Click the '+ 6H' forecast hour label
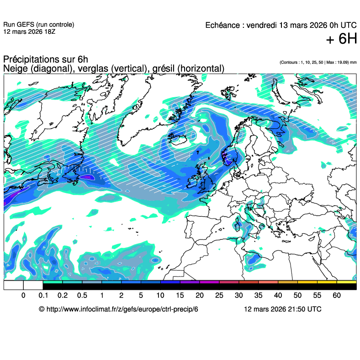pos(341,39)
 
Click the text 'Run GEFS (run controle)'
pos(38,25)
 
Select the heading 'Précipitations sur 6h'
pos(46,59)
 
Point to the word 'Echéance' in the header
pos(222,25)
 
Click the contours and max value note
pos(318,62)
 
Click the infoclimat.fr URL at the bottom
pos(119,309)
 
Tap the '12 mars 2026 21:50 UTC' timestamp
pos(282,309)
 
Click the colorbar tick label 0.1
pos(43,296)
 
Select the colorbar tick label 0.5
pos(82,296)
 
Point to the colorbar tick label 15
pos(180,296)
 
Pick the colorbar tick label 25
pos(219,296)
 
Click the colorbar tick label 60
pos(337,296)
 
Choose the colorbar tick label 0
pos(23,296)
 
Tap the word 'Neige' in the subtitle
pos(14,68)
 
